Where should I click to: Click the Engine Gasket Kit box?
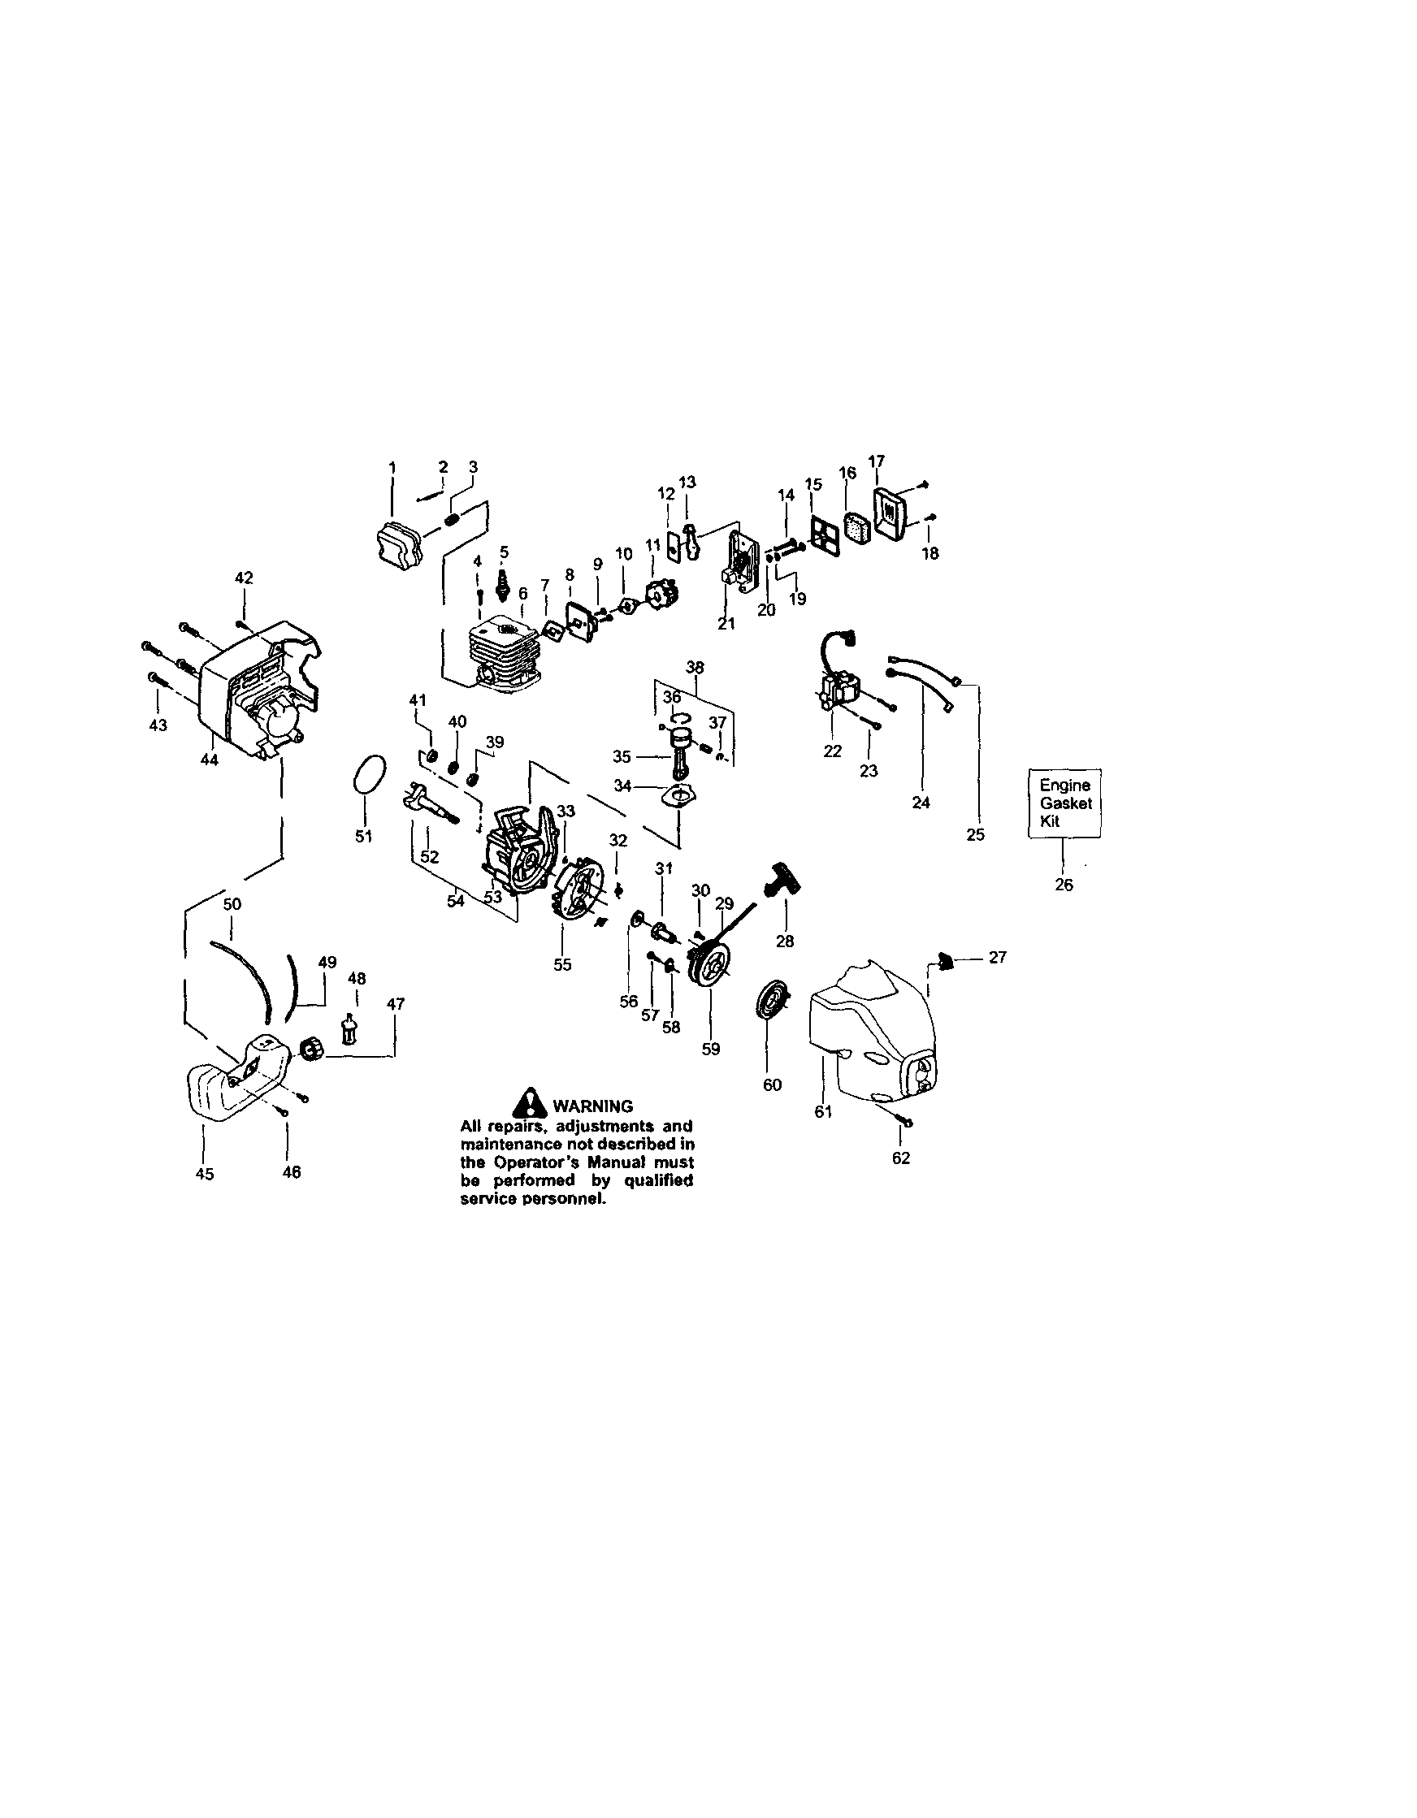point(1065,803)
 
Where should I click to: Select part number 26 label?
point(1064,885)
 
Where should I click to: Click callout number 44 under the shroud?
point(210,760)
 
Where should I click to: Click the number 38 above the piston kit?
point(695,667)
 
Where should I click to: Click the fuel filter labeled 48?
point(349,1031)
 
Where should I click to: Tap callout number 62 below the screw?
point(901,1158)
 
